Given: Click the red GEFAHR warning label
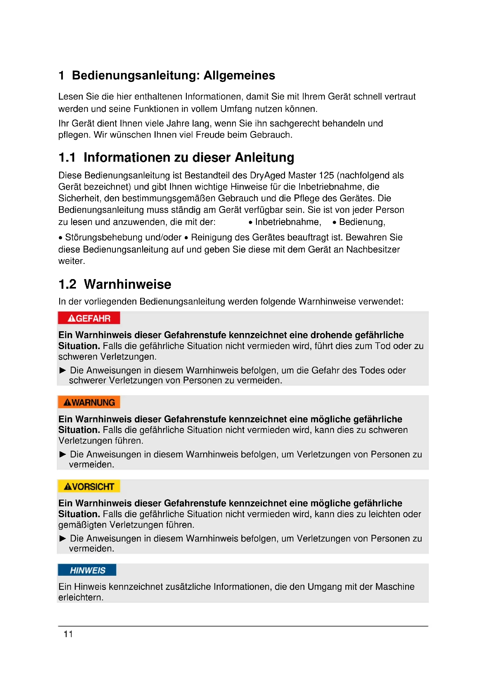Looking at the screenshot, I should pos(89,318).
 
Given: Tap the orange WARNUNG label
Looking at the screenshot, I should pos(89,402).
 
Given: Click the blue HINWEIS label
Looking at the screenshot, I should pos(87,570).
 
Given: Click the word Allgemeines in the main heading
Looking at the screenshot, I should pos(239,76).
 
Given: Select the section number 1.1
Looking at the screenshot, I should pos(67,158).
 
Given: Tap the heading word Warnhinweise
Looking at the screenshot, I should pos(128,284).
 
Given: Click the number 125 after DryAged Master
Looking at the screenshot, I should pos(326,175).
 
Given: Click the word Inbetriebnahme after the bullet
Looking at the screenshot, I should pos(288,222).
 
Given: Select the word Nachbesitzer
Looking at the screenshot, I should pos(373,250).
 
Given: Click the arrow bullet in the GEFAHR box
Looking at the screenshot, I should pos(63,370).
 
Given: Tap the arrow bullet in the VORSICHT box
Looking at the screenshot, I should pos(63,539).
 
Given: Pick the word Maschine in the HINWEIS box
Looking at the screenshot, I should pos(395,587).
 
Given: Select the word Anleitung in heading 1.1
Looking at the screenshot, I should pos(264,158).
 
